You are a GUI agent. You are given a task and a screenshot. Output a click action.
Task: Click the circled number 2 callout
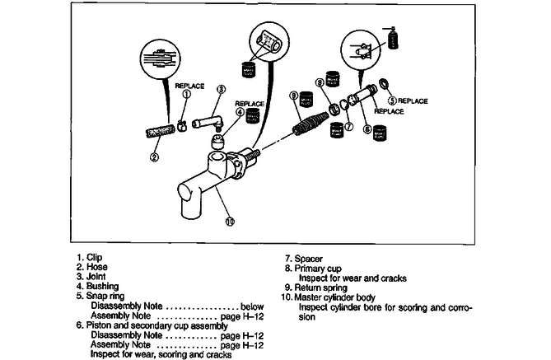(x=154, y=157)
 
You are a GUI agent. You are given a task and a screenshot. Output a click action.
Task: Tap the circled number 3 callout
(x=221, y=90)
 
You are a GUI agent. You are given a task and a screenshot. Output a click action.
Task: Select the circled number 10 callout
(x=230, y=221)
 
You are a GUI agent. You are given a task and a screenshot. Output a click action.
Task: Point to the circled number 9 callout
(x=293, y=96)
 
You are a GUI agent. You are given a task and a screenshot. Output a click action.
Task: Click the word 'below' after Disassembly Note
(x=250, y=305)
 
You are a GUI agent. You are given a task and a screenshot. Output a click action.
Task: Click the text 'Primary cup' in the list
(x=312, y=267)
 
